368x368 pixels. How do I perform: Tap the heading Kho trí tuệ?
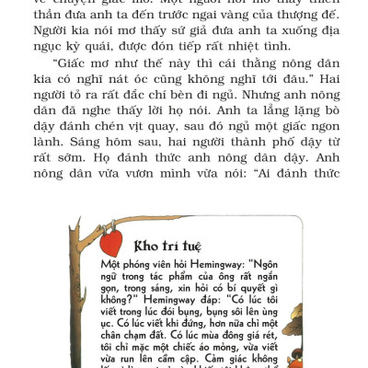coord(167,247)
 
